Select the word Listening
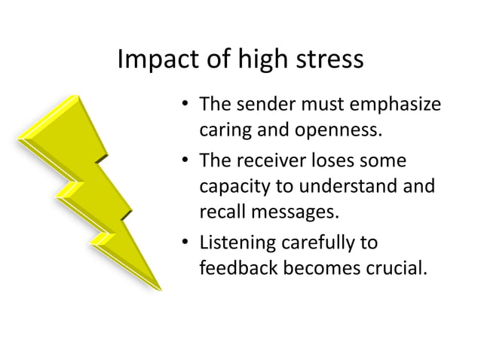tap(234, 243)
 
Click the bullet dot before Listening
tap(185, 243)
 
